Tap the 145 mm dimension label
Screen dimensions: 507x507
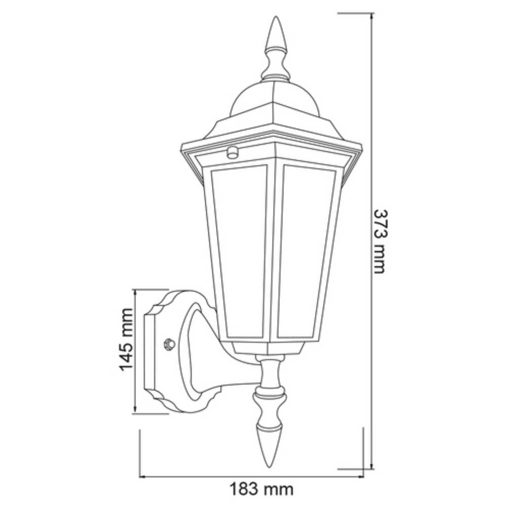click(126, 339)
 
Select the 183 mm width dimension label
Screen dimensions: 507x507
click(261, 489)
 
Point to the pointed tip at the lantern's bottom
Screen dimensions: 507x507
click(269, 464)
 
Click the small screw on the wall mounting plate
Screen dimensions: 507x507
click(168, 344)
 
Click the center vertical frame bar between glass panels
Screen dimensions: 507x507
click(274, 253)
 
